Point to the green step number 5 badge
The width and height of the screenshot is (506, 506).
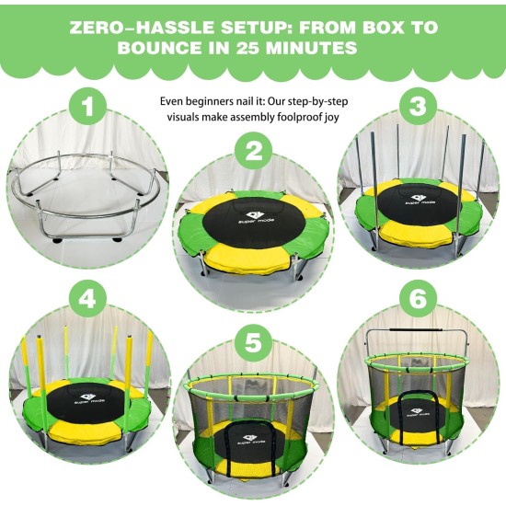(254, 343)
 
